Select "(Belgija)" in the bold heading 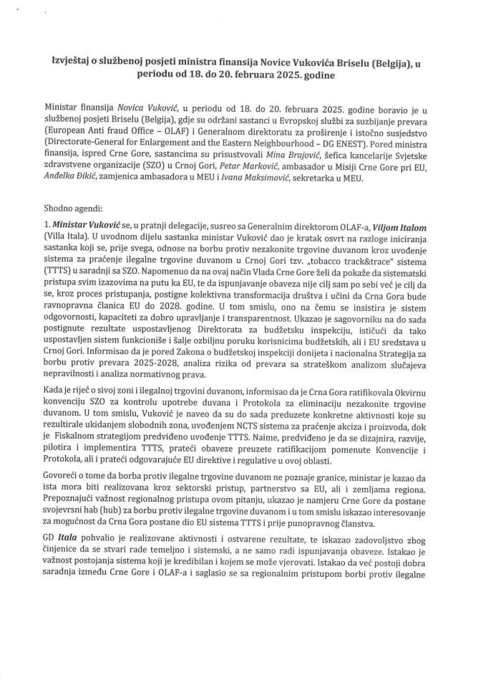pyautogui.click(x=389, y=62)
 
